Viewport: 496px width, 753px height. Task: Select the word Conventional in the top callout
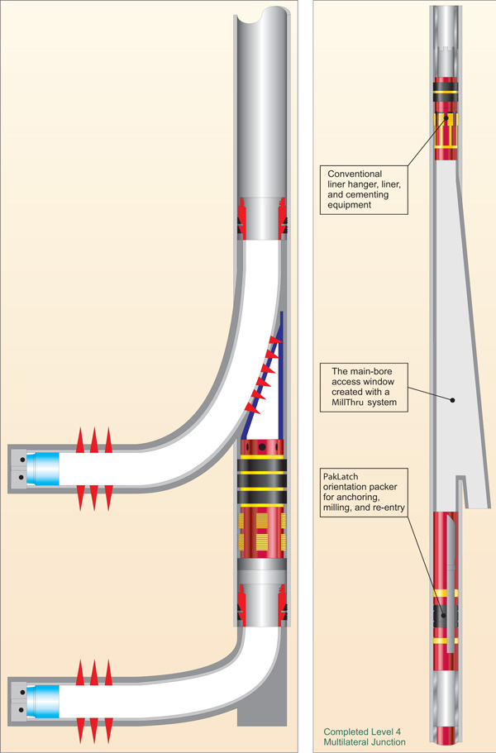pos(355,174)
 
